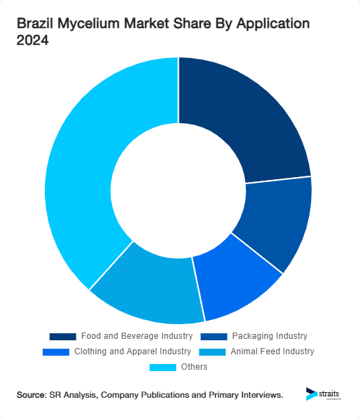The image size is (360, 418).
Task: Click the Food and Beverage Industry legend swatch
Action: tap(62, 336)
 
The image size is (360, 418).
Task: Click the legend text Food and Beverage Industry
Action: tap(136, 336)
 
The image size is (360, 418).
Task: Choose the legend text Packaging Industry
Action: tap(270, 336)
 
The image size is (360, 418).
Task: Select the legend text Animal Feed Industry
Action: tap(272, 351)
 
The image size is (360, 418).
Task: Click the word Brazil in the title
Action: tap(35, 24)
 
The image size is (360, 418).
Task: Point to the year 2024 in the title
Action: tap(32, 41)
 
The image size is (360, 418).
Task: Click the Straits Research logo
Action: tap(324, 394)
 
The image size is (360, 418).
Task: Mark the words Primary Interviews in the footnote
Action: tap(246, 396)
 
